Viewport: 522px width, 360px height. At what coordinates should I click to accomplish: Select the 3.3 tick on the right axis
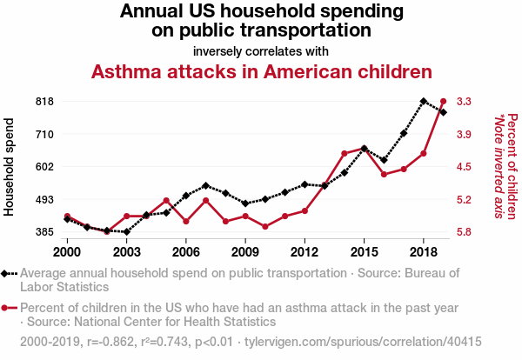(464, 101)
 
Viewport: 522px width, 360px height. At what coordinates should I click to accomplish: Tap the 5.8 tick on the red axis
(464, 232)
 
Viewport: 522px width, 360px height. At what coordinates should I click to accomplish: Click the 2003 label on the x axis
(126, 251)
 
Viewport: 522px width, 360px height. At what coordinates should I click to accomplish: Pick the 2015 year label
(364, 251)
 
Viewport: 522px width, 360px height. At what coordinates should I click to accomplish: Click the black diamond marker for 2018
(423, 102)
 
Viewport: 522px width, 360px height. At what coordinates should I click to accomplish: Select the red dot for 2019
(443, 102)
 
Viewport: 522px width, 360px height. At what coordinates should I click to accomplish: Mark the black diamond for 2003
(126, 232)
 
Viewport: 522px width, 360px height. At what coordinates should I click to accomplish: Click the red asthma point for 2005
(166, 201)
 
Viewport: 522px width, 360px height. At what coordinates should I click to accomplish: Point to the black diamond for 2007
(205, 185)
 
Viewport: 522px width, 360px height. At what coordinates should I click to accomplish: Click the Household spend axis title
(10, 166)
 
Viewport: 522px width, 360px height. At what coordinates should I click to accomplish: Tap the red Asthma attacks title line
(262, 70)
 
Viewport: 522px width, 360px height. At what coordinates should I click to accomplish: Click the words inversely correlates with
(262, 50)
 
